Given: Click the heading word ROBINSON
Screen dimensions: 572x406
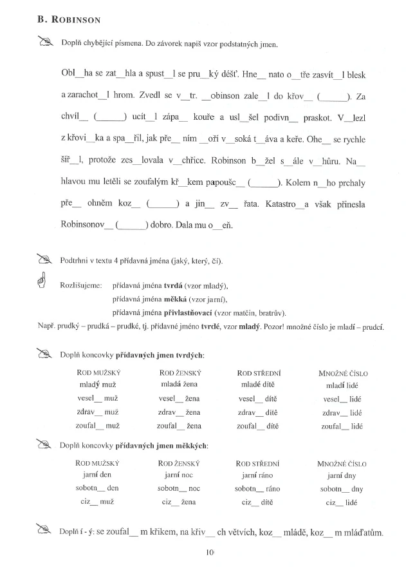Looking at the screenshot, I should [x=75, y=20].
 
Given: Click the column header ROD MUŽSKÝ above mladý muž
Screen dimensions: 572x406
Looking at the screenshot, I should [x=98, y=373].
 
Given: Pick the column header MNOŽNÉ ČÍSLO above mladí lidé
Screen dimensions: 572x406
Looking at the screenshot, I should [x=343, y=373].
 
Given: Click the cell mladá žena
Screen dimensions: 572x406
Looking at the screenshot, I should [x=180, y=385].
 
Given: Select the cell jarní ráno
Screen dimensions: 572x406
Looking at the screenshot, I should [x=257, y=475].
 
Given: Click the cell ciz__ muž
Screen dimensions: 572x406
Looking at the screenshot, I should [x=98, y=502].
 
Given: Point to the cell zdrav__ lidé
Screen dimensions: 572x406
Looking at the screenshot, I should [x=343, y=412].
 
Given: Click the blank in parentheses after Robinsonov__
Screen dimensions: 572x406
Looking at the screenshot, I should [x=132, y=225].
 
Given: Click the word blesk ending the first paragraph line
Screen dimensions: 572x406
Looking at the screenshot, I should [x=353, y=75].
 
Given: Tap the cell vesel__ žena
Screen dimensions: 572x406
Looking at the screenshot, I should [x=180, y=399].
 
